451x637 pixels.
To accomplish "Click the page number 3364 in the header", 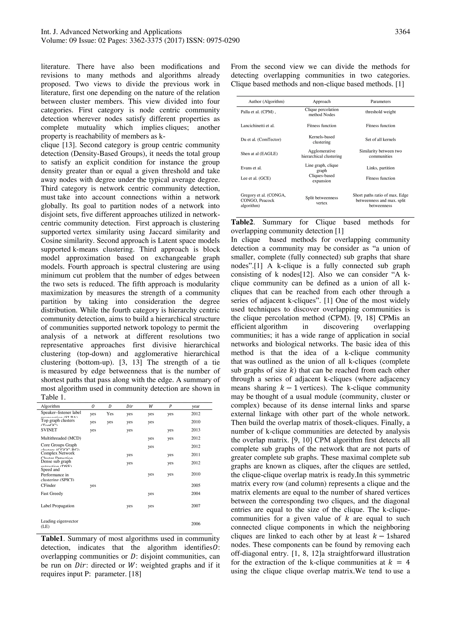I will pyautogui.click(x=402, y=32).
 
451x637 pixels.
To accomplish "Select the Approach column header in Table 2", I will pyautogui.click(x=322, y=102).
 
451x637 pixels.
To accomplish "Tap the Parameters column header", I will pyautogui.click(x=380, y=102).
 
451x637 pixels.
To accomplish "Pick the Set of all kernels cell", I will pyautogui.click(x=380, y=140).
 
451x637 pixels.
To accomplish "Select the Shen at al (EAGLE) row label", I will pyautogui.click(x=259, y=154).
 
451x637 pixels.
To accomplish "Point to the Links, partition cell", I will pyautogui.click(x=380, y=168).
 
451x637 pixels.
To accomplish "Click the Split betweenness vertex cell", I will pyautogui.click(x=322, y=200).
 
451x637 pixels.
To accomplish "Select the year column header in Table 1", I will pyautogui.click(x=196, y=406).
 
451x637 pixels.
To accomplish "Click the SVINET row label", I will pyautogui.click(x=49, y=430).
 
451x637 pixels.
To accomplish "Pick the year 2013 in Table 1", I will pyautogui.click(x=196, y=430).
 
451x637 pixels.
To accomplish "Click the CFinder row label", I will pyautogui.click(x=48, y=486).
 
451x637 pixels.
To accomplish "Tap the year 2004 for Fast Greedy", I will pyautogui.click(x=196, y=494).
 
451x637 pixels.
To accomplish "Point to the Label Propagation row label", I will pyautogui.click(x=57, y=506).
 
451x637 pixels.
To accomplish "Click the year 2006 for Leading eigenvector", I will pyautogui.click(x=196, y=524).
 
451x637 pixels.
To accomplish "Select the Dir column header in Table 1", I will pyautogui.click(x=129, y=406).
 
